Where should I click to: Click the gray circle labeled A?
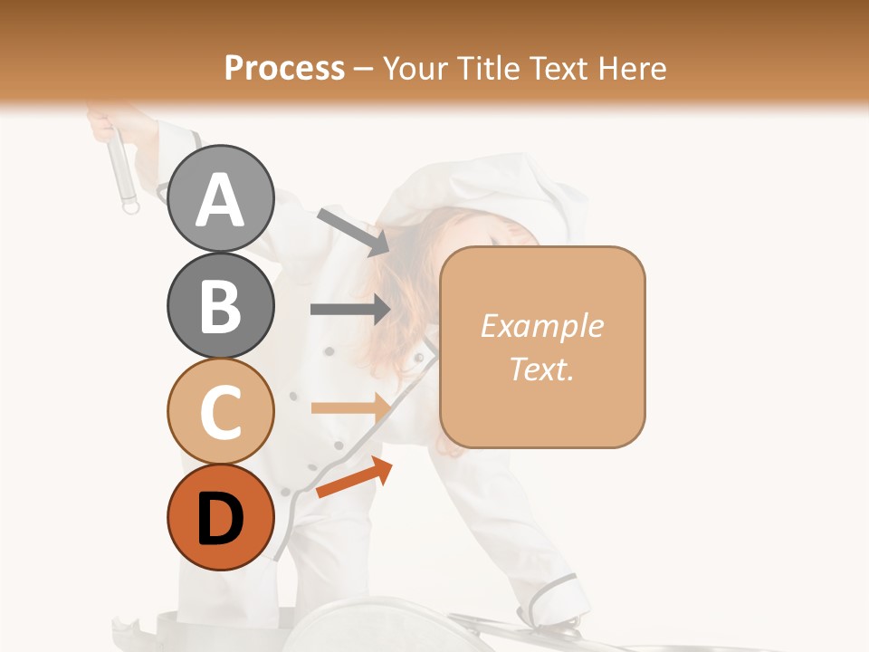pyautogui.click(x=221, y=198)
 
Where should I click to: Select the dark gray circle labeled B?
pyautogui.click(x=221, y=305)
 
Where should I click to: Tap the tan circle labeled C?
pyautogui.click(x=221, y=411)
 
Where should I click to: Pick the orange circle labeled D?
pyautogui.click(x=221, y=518)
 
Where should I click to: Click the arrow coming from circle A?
pyautogui.click(x=353, y=231)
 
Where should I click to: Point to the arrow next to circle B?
pyautogui.click(x=350, y=309)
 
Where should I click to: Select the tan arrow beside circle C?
pyautogui.click(x=350, y=407)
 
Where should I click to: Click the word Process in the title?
pyautogui.click(x=284, y=68)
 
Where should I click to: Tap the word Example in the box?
pyautogui.click(x=541, y=326)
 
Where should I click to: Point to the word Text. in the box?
pyautogui.click(x=541, y=369)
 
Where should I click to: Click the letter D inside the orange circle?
pyautogui.click(x=221, y=520)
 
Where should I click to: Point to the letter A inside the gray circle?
pyautogui.click(x=221, y=200)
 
